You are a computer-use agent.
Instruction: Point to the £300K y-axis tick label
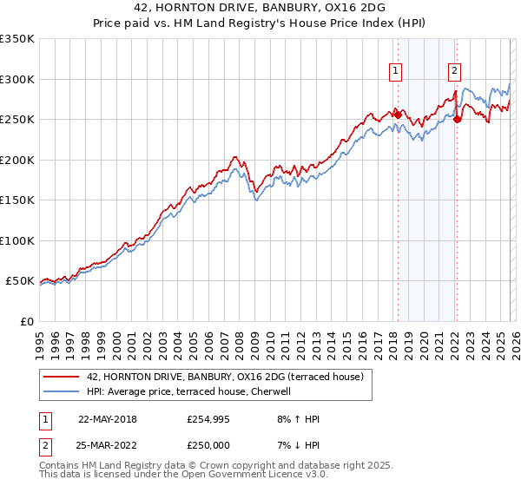point(17,79)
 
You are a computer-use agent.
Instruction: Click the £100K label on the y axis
point(17,240)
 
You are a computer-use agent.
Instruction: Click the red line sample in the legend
point(62,376)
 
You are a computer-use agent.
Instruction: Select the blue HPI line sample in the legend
point(62,391)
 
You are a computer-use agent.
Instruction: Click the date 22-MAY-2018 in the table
point(107,419)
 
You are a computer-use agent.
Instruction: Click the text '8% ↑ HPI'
point(297,419)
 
